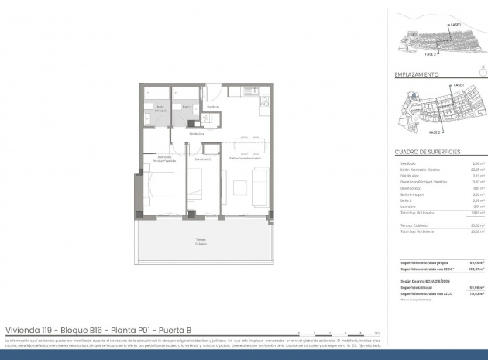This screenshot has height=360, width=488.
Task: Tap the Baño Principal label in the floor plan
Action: (x=160, y=108)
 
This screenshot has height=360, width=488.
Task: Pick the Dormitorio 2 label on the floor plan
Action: (x=204, y=159)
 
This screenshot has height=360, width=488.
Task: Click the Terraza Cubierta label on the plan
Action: (x=201, y=241)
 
